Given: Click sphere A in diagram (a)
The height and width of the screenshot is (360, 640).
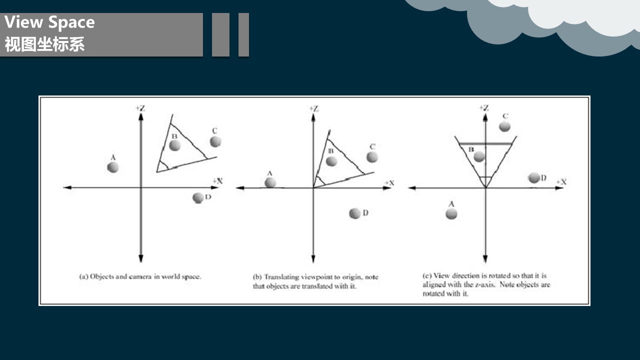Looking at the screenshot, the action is (113, 167).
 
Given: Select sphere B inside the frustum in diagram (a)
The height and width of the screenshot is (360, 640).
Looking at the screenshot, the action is (175, 145).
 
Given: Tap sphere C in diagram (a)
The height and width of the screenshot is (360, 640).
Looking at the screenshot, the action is (215, 141).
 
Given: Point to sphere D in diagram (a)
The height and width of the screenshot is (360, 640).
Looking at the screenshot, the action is (198, 197).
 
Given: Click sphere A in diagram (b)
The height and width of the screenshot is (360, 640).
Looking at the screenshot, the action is (270, 182).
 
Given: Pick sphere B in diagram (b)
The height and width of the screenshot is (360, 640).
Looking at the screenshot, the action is (331, 161).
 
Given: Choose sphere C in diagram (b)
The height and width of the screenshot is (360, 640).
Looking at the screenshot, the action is (372, 157).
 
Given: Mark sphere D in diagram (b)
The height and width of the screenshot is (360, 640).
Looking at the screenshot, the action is (355, 213).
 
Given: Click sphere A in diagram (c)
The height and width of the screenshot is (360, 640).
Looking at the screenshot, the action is (451, 213).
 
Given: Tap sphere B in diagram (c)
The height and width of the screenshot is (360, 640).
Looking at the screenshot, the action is (479, 156).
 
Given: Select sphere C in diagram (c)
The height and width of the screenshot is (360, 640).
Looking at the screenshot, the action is (504, 126).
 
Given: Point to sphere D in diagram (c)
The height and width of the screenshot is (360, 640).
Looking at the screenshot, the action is (533, 177).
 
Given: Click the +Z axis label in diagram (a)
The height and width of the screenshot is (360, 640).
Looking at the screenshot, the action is (140, 108).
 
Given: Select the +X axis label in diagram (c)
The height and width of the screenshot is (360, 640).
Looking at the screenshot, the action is (561, 181).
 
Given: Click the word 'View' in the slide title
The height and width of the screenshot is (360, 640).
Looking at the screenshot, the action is (23, 22).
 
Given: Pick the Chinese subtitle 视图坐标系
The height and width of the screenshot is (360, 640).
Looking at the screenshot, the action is (44, 44).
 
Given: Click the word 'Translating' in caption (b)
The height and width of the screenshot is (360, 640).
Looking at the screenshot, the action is (281, 277).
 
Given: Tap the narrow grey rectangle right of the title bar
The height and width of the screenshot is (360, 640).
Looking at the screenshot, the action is (243, 34).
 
